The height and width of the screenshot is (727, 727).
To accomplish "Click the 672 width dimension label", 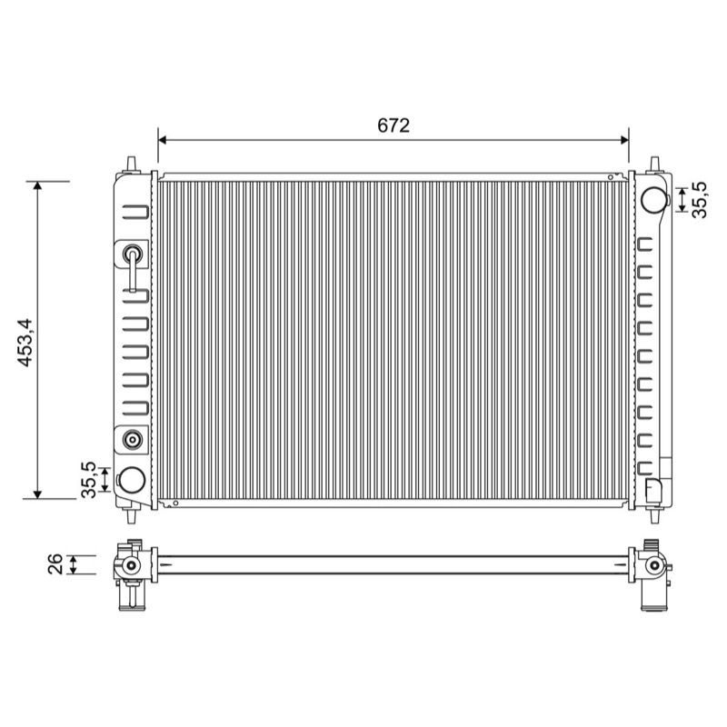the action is click(x=393, y=125).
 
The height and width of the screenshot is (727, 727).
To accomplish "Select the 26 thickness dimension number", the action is click(x=55, y=563).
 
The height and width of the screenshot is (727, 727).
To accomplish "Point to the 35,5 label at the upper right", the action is click(x=699, y=200).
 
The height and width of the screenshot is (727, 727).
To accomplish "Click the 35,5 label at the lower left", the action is click(x=88, y=480).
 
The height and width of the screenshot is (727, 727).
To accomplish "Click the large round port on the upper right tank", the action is click(x=654, y=199).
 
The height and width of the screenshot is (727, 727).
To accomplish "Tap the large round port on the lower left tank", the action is click(x=132, y=480).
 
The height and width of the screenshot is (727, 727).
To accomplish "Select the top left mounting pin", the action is click(x=132, y=164).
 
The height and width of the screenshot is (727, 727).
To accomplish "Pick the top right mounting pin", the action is click(x=654, y=164).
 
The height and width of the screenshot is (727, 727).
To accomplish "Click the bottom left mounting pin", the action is click(x=132, y=515).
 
